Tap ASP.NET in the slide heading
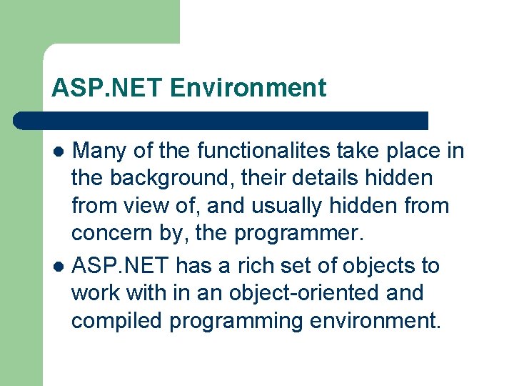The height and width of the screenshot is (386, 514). [x=108, y=88]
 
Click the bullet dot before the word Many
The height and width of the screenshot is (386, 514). [x=60, y=152]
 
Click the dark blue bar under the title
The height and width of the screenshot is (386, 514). [x=221, y=121]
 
